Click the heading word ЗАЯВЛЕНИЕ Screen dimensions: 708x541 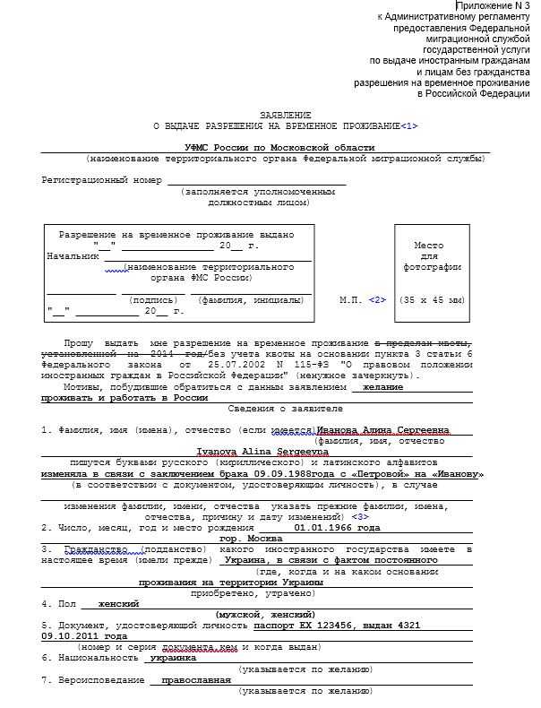coord(286,116)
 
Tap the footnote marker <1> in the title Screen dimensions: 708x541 coord(409,126)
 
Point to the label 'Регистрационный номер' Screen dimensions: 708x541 coord(102,180)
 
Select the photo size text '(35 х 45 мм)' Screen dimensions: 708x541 coord(432,299)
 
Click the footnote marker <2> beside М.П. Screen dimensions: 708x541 coord(377,299)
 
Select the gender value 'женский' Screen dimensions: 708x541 coord(118,603)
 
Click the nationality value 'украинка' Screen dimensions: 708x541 coord(173,657)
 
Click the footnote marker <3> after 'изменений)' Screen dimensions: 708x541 coord(359,517)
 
